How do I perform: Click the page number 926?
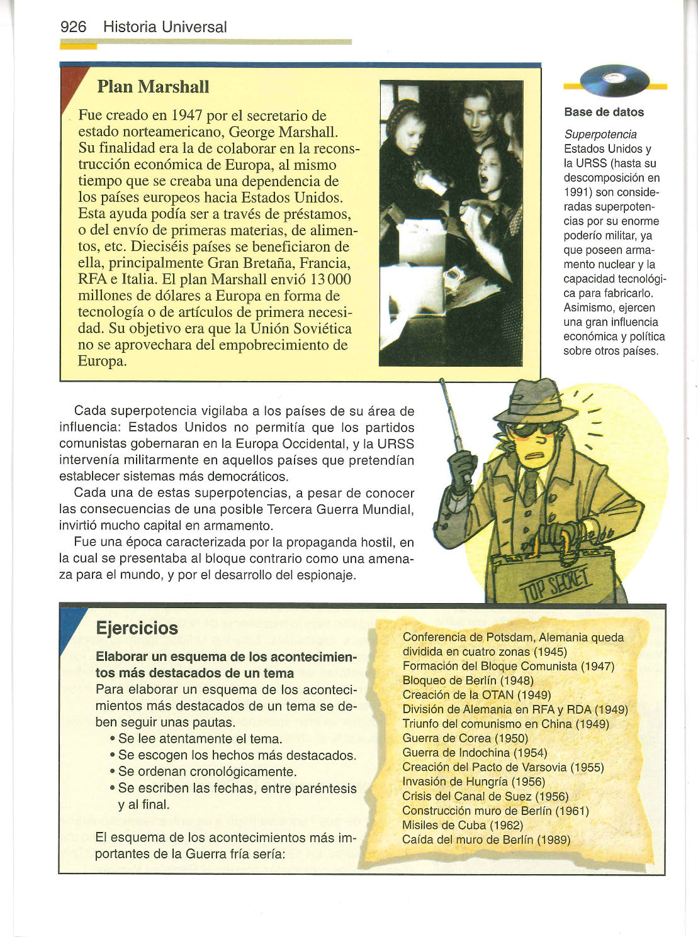[x=72, y=27]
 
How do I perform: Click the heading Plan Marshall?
[x=153, y=87]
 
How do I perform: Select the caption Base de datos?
[x=604, y=113]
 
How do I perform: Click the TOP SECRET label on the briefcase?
[x=553, y=582]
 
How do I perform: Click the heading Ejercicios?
[x=137, y=628]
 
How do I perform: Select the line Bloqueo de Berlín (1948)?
[x=468, y=680]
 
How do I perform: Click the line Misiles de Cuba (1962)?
[x=463, y=825]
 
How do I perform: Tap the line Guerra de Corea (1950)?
[x=464, y=738]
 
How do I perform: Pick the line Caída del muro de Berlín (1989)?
[x=486, y=840]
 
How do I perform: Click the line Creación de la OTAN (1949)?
[x=476, y=695]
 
